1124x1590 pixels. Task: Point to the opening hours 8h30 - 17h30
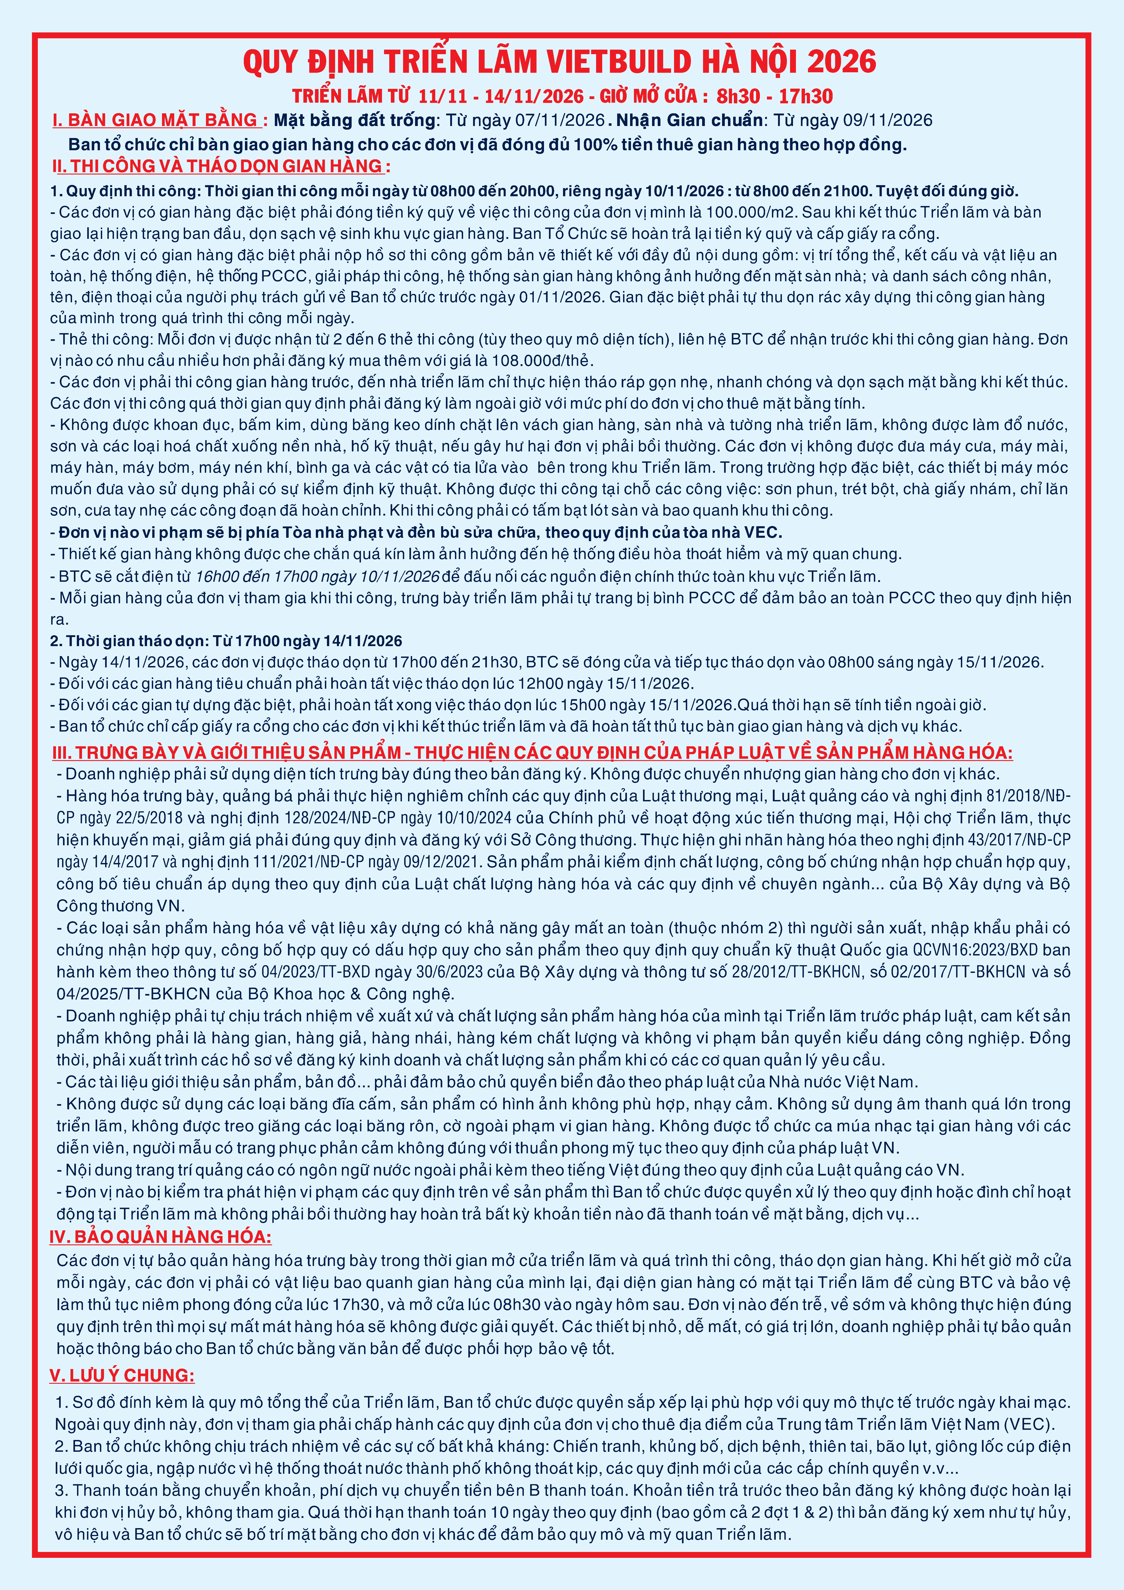tap(774, 96)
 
